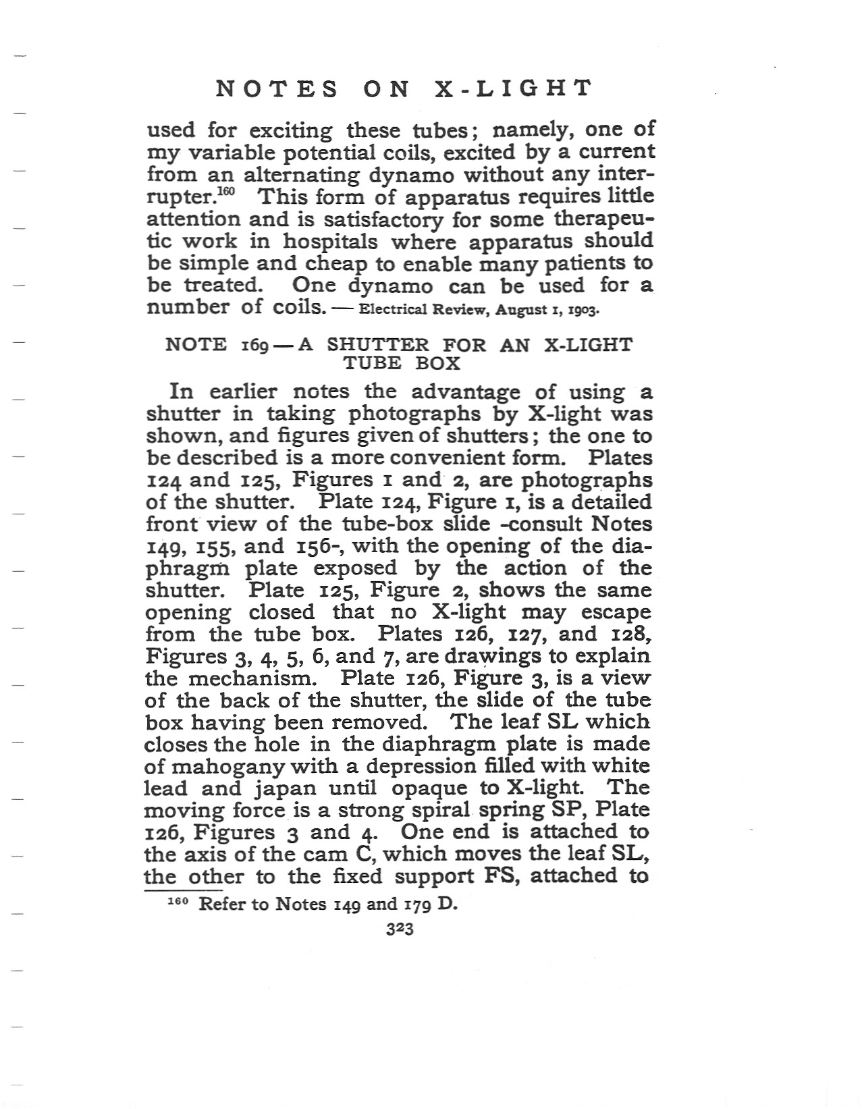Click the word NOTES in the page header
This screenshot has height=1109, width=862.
pyautogui.click(x=277, y=88)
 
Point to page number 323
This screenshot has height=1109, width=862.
pyautogui.click(x=399, y=929)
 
